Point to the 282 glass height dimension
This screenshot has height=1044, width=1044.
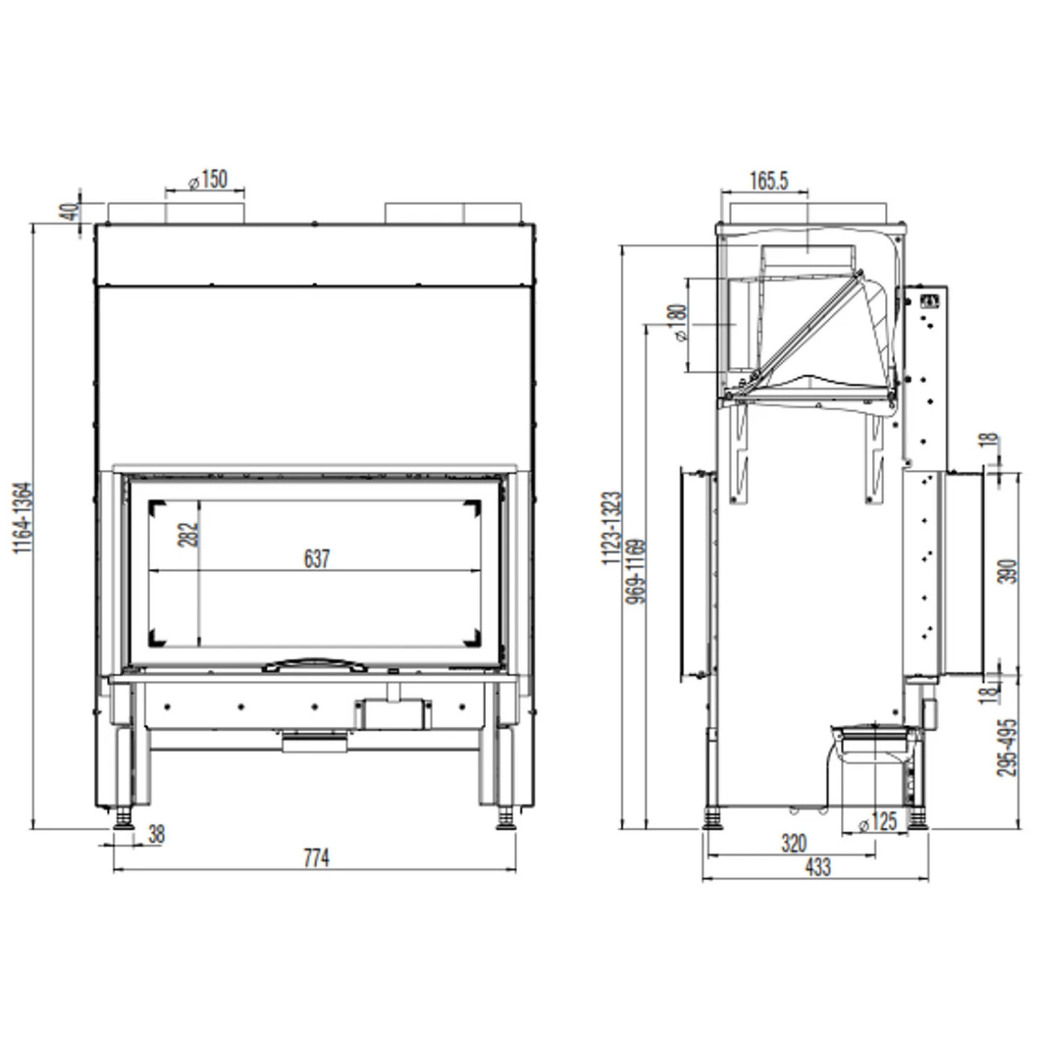pos(188,535)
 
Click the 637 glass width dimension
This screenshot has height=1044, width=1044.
pos(316,559)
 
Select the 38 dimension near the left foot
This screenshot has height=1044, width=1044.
pos(157,834)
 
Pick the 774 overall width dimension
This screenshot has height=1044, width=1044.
pos(316,858)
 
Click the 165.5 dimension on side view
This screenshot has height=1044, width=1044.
pos(768,180)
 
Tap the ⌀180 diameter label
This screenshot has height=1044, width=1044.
pos(678,324)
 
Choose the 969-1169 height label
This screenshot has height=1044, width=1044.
pos(637,571)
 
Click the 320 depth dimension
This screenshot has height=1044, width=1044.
pos(793,843)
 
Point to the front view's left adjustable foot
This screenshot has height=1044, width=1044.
pos(124,816)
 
